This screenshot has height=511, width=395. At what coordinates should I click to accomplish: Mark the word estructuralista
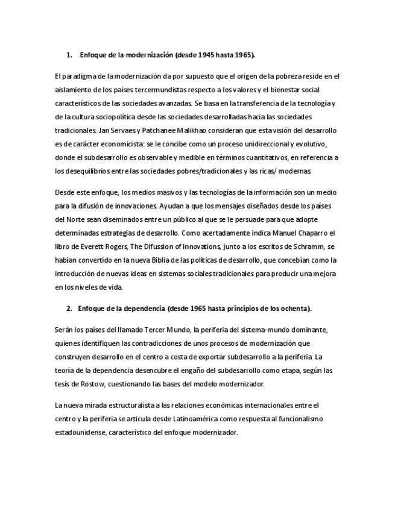point(121,405)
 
